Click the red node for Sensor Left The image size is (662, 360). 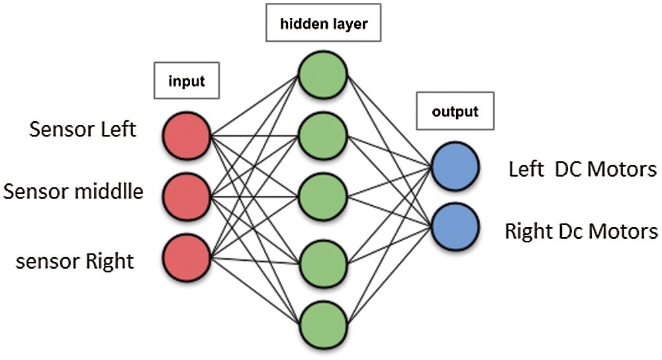(187, 134)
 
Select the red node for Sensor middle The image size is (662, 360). (187, 197)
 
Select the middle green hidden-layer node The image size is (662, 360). (322, 198)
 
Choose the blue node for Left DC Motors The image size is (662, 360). (455, 167)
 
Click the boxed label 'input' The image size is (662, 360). (187, 82)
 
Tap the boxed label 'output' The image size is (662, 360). (455, 112)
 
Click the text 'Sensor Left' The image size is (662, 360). (83, 129)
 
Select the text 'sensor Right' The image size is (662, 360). (75, 261)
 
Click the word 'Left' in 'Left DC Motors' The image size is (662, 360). (526, 169)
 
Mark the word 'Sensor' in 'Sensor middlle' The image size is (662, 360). (35, 192)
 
